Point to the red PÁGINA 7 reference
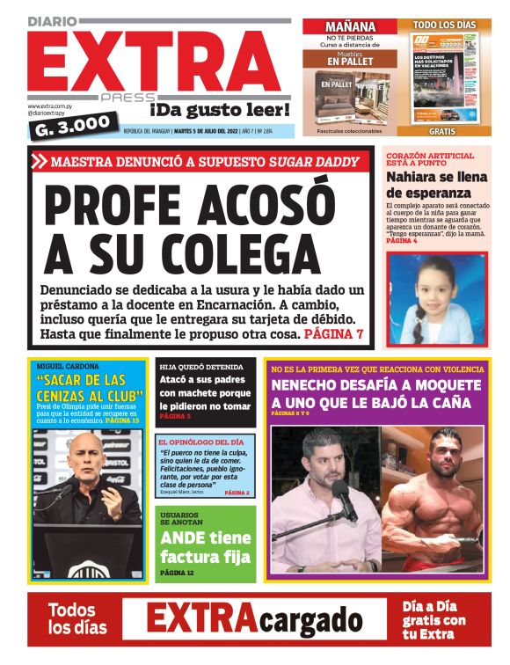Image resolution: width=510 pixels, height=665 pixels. tap(333, 335)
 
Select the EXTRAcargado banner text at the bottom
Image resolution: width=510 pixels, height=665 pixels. tap(254, 618)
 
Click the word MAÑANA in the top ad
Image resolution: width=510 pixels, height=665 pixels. tap(350, 26)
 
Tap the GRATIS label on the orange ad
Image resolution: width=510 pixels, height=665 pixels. tap(442, 131)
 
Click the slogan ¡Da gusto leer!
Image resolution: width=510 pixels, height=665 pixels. tap(219, 110)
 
